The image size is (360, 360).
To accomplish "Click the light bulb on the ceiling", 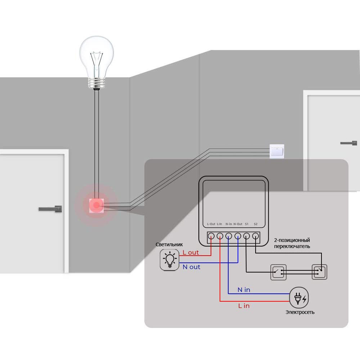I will coord(96,58).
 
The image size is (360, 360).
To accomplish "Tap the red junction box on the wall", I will coord(96,206).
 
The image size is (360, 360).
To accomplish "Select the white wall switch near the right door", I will coord(277,151).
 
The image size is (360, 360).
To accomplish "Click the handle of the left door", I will coord(50,209).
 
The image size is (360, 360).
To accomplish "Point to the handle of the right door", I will coord(349,143).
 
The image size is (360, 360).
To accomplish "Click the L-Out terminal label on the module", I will coord(211,224).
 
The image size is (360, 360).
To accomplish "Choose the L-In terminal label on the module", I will coord(220,224).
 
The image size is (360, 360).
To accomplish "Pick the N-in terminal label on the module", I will coord(229,224).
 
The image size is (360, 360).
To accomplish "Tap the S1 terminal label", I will coord(247,224).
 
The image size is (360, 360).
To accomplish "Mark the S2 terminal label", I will coord(256,224).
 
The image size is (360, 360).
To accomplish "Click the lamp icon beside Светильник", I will coord(169,260).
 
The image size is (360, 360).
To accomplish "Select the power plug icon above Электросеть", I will coord(300,298).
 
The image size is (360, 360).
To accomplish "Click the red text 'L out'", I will coord(191,252).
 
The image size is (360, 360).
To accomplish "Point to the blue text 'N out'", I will coord(192,267).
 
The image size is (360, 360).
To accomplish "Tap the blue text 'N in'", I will coord(244,290).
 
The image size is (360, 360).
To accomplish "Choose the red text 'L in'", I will coord(244,306).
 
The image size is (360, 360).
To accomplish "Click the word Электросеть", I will coord(300,312).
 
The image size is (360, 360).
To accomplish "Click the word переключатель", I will coord(292,247).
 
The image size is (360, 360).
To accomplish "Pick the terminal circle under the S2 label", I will coord(256,236).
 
